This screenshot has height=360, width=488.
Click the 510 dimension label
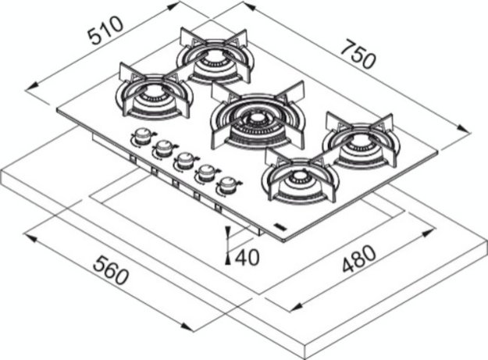point(105,30)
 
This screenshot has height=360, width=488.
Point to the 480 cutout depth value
point(359,258)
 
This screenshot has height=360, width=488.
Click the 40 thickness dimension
point(247,258)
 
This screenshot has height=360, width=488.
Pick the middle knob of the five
point(185,159)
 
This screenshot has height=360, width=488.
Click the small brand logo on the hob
point(280,226)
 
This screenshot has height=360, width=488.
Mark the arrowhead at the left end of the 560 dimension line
point(30,238)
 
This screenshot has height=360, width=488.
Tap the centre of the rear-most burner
point(215,57)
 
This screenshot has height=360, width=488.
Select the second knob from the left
point(164,148)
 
